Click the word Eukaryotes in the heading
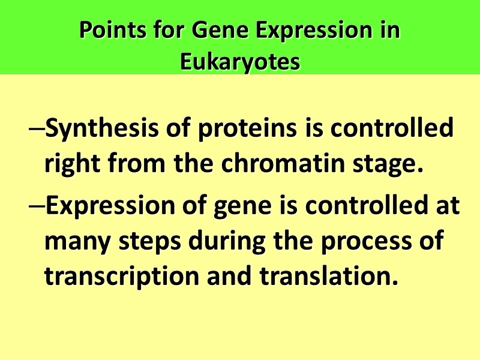(x=240, y=62)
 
